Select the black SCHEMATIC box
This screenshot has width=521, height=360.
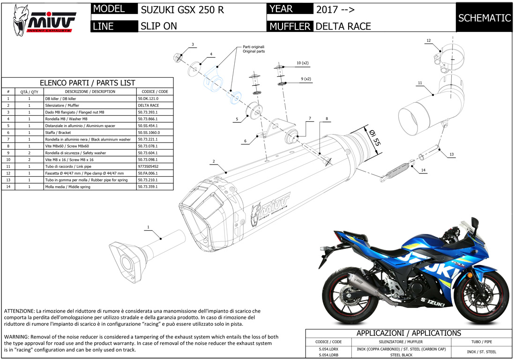pyautogui.click(x=484, y=18)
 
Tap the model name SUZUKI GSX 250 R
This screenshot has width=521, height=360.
pyautogui.click(x=182, y=9)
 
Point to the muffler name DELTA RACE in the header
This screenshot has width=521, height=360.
pyautogui.click(x=343, y=26)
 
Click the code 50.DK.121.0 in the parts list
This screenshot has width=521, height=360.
pyautogui.click(x=149, y=99)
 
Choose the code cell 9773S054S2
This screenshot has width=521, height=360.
pyautogui.click(x=148, y=166)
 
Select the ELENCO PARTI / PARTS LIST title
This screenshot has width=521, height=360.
pyautogui.click(x=88, y=82)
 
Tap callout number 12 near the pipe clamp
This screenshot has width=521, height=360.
pyautogui.click(x=428, y=41)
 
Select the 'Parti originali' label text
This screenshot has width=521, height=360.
pyautogui.click(x=253, y=47)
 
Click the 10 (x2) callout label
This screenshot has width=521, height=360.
pyautogui.click(x=302, y=63)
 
